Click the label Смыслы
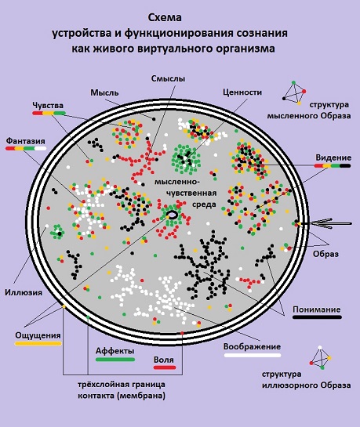[x=168, y=78]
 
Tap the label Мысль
[x=104, y=92]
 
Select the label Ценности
[x=242, y=92]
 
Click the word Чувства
[x=48, y=106]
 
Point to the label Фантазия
[x=26, y=141]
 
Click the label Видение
[x=333, y=157]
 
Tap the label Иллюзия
[x=24, y=292]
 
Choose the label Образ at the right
[x=325, y=254]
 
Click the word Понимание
[x=317, y=309]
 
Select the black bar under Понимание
[x=317, y=317]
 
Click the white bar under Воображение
[x=253, y=355]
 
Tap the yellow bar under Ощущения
[x=38, y=344]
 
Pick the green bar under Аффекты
[x=115, y=360]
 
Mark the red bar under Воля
[x=165, y=367]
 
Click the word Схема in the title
[x=165, y=18]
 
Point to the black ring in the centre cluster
[x=173, y=215]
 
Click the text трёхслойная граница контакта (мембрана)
[x=122, y=390]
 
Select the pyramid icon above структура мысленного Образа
[x=294, y=92]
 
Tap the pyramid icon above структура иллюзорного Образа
[x=321, y=358]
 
